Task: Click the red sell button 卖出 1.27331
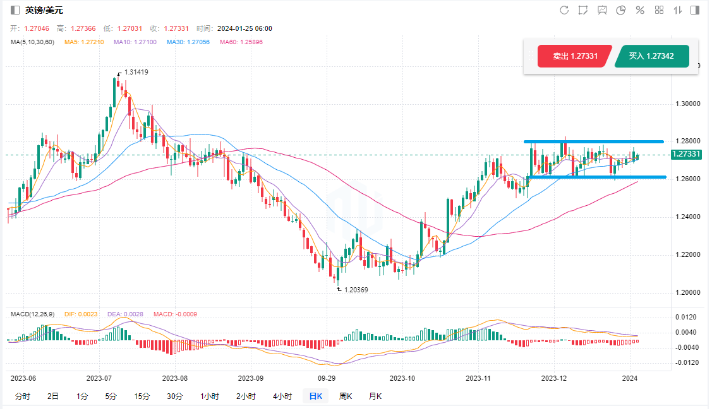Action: click(x=575, y=56)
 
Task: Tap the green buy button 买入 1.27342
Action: click(x=651, y=56)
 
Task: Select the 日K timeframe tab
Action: click(x=315, y=396)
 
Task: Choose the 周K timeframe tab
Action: click(x=346, y=396)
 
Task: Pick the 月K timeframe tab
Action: click(x=375, y=396)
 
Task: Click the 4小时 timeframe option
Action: click(x=282, y=396)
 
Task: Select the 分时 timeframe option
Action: click(x=22, y=396)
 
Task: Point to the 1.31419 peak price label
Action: click(x=136, y=73)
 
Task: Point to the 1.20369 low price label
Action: click(x=355, y=289)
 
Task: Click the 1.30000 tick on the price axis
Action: click(x=687, y=104)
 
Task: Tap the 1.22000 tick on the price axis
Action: click(x=687, y=255)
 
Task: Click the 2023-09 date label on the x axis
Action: click(x=250, y=378)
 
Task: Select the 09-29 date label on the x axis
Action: click(x=326, y=378)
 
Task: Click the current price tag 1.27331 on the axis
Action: click(x=686, y=154)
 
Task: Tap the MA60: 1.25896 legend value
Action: click(x=241, y=42)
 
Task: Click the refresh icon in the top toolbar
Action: click(x=564, y=10)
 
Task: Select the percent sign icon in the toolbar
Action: click(x=639, y=10)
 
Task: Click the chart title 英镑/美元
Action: click(x=44, y=10)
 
